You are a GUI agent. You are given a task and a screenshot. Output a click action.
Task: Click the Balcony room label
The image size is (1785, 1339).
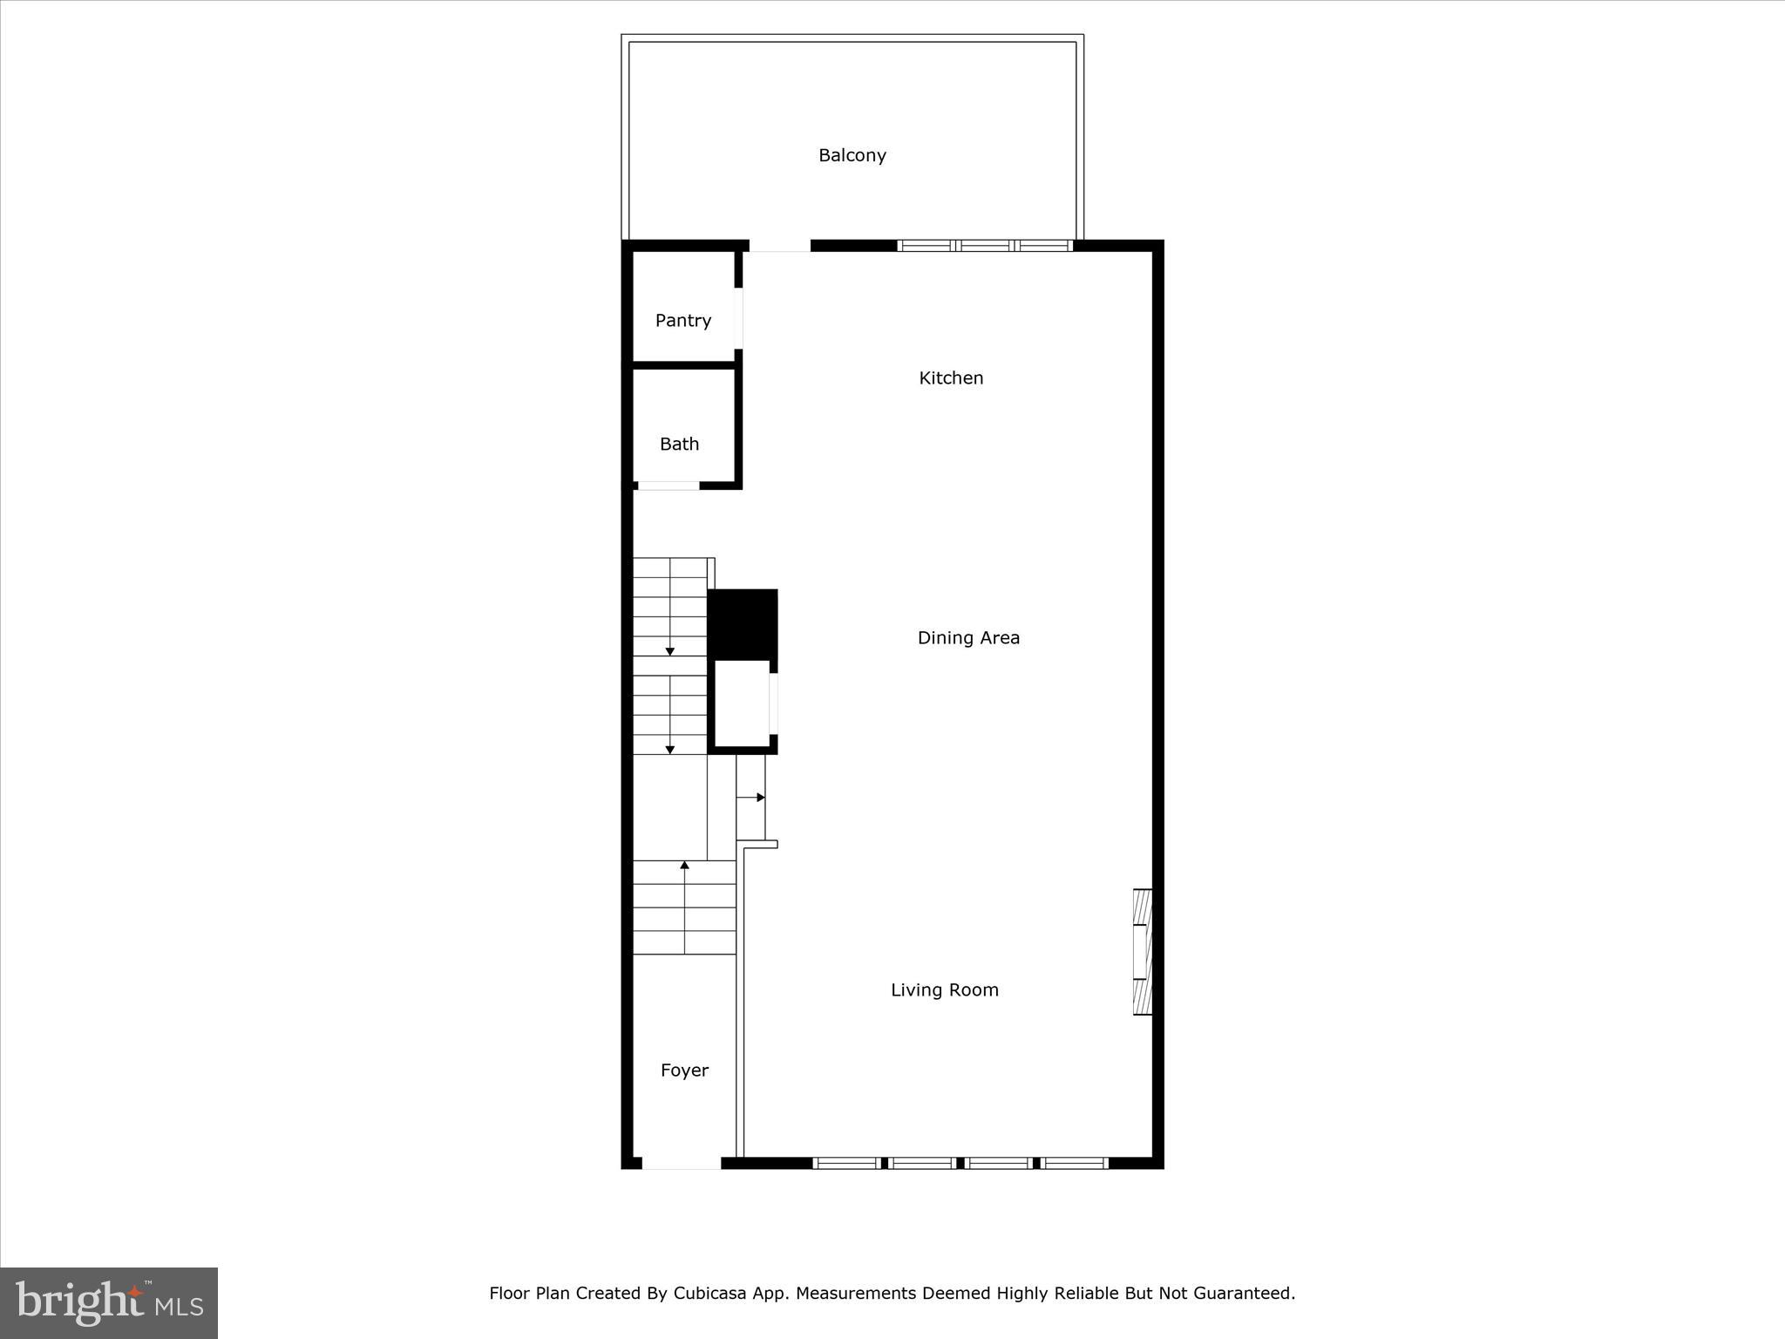[x=852, y=155]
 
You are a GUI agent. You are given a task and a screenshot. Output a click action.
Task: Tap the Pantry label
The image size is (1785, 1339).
[x=683, y=321]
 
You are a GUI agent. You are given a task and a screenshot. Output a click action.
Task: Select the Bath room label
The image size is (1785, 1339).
[x=679, y=445]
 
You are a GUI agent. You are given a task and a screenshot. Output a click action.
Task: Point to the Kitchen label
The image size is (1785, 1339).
[x=951, y=378]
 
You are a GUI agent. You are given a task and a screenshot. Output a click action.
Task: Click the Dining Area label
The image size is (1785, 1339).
[x=968, y=638]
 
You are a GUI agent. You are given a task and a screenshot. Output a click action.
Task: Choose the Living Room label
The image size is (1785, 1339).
[x=944, y=990]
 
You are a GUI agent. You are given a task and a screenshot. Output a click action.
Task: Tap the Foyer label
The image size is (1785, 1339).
[x=684, y=1071]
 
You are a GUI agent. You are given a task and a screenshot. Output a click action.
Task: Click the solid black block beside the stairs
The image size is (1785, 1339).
[x=743, y=623]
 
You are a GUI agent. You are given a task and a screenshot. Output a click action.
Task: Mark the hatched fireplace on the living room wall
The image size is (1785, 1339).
[x=1142, y=951]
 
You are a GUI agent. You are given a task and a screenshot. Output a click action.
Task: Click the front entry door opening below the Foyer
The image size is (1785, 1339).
[x=681, y=1163]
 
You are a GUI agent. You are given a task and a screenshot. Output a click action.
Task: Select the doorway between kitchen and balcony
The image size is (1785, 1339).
[x=779, y=247]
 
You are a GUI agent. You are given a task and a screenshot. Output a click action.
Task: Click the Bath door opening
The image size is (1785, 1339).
[x=669, y=486]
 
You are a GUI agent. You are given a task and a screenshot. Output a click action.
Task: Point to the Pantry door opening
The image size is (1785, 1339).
[x=738, y=318]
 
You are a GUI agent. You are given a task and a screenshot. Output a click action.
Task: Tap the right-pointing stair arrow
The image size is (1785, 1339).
[x=760, y=798]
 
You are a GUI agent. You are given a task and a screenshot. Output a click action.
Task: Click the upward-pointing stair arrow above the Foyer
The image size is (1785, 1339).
[x=685, y=865]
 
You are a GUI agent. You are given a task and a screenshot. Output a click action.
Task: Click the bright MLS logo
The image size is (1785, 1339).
[x=109, y=1302]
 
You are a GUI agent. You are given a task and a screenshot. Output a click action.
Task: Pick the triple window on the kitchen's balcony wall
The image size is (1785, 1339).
[x=985, y=246]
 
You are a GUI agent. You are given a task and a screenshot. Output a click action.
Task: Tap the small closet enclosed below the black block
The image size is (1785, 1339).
[x=742, y=703]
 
